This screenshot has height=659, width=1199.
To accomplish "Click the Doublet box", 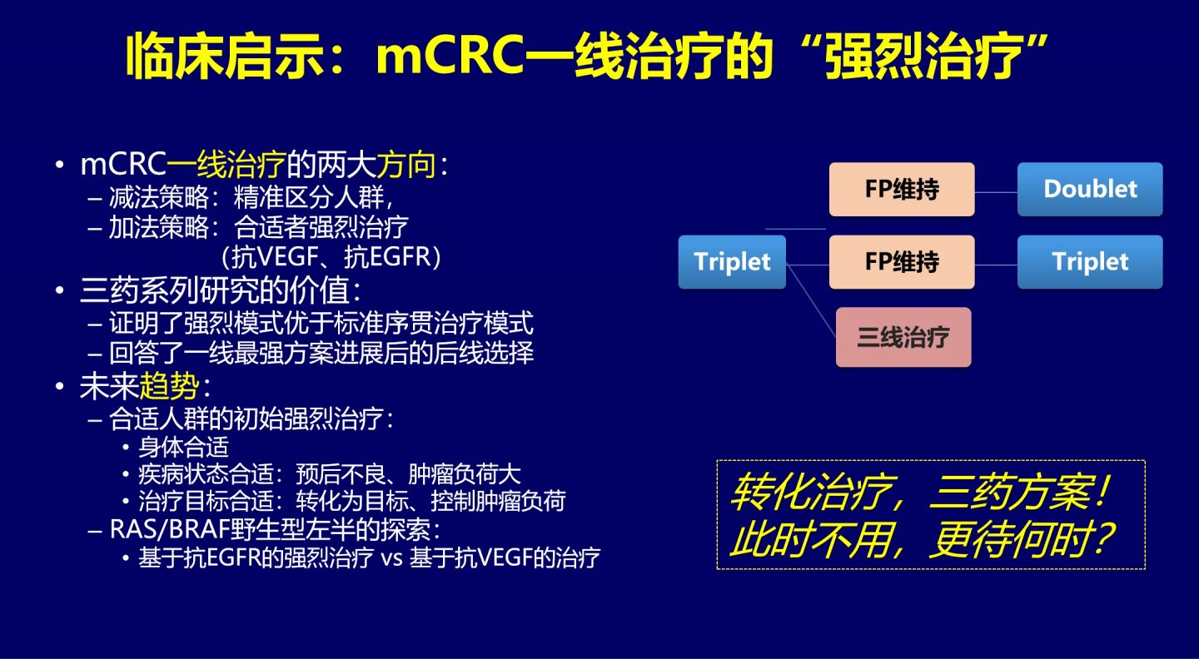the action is click(x=1090, y=190).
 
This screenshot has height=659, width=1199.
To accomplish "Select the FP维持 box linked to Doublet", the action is click(x=902, y=190).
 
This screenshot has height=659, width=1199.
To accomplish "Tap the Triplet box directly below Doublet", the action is click(x=1090, y=262).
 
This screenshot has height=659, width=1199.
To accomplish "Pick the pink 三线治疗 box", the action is click(x=903, y=337).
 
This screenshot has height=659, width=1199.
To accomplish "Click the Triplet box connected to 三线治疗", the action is click(x=732, y=262).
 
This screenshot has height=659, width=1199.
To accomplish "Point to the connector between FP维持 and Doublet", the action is click(x=996, y=192).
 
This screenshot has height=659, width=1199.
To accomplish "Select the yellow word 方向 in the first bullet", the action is click(x=406, y=164).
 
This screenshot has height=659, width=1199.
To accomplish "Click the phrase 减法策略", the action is click(x=159, y=197).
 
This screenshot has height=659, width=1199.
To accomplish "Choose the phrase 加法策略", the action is click(x=159, y=227).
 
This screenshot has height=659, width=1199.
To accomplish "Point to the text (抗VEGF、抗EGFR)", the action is click(x=331, y=257).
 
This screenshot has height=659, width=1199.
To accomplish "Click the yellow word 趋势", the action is click(x=168, y=386).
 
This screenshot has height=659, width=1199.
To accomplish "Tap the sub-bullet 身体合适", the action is click(x=183, y=447).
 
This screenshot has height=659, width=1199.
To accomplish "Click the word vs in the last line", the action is click(x=392, y=558).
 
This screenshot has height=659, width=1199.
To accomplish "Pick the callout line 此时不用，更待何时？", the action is click(x=923, y=539).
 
